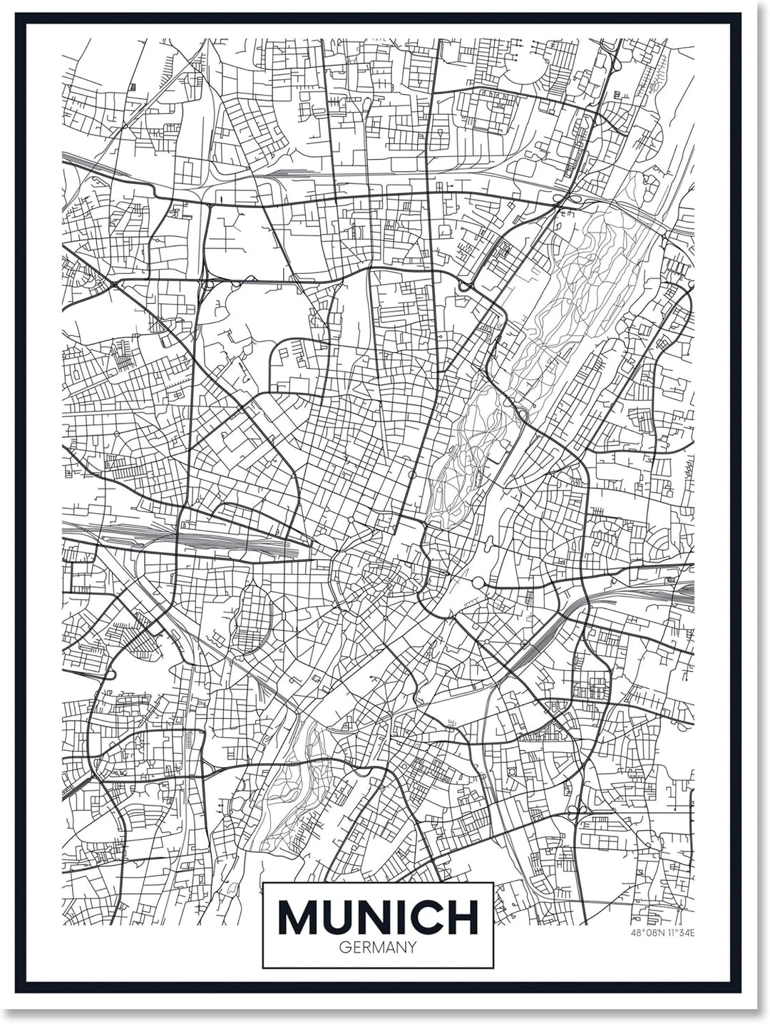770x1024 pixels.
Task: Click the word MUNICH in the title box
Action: tap(378, 918)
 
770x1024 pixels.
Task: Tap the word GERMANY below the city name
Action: tap(378, 948)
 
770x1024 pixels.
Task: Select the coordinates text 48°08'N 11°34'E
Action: tap(662, 932)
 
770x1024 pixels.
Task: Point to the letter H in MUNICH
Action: tap(463, 918)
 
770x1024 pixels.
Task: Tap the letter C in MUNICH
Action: tap(426, 918)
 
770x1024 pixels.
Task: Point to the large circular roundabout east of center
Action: tap(477, 583)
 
